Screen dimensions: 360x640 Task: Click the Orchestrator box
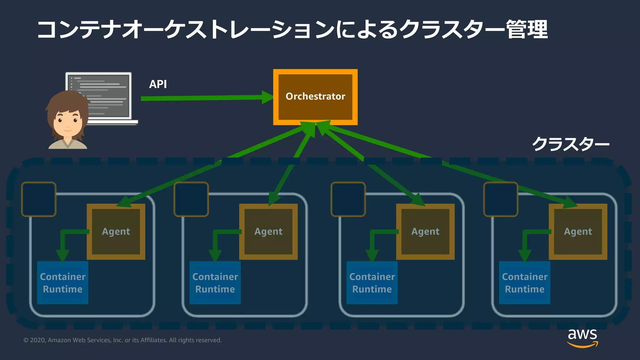point(315,97)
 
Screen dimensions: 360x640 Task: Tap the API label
point(158,84)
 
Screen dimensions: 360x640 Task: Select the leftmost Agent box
point(116,232)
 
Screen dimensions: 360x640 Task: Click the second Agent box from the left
point(268,232)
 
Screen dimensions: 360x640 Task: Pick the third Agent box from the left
point(425,232)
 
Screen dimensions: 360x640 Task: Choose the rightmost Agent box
point(578,232)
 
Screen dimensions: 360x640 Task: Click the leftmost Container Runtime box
point(62,283)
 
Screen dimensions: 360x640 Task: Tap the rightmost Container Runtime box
point(524,283)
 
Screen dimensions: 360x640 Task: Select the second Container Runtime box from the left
point(215,283)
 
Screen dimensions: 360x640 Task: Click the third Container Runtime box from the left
point(372,283)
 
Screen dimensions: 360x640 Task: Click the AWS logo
point(582,338)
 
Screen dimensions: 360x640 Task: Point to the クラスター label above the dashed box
point(571,144)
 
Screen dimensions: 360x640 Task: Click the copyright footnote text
point(122,340)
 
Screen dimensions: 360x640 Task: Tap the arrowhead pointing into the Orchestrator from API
point(267,97)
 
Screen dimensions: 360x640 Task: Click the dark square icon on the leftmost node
point(39,199)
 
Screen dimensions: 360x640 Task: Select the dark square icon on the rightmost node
point(501,199)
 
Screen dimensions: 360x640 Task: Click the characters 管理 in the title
point(527,30)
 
